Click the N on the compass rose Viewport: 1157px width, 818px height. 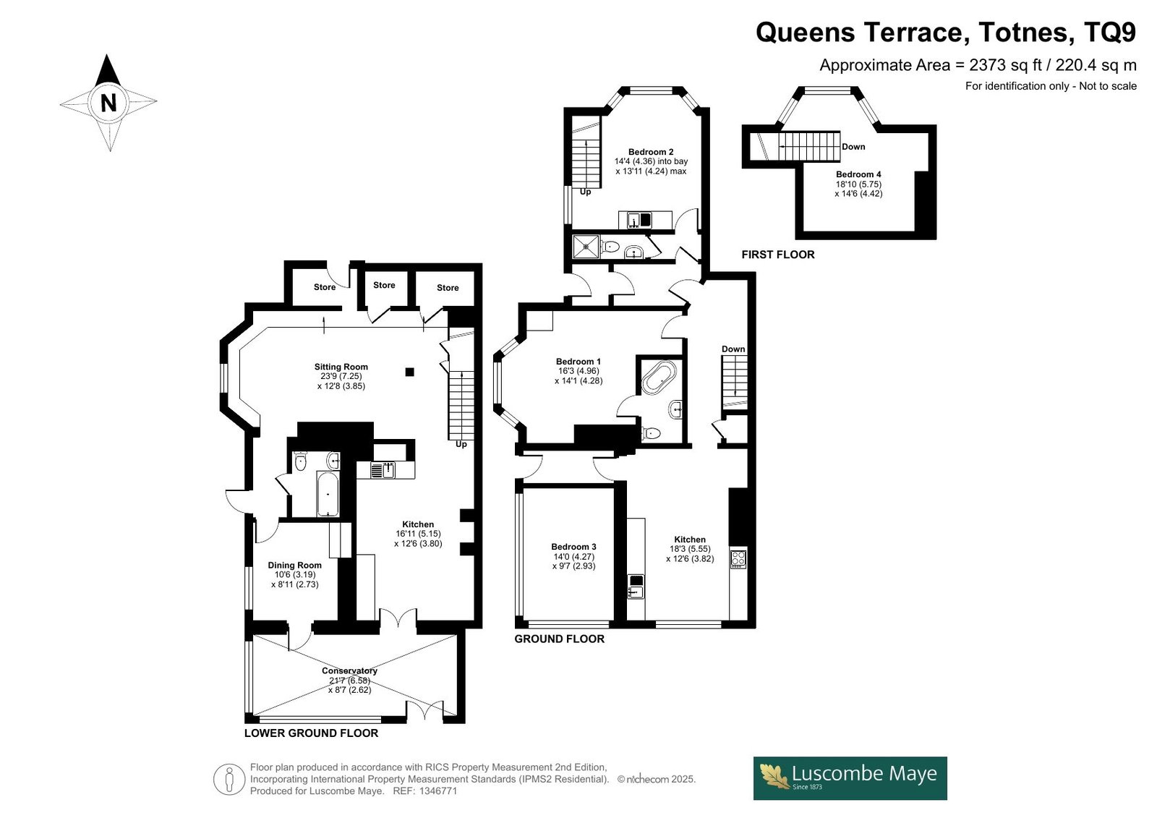[x=108, y=103]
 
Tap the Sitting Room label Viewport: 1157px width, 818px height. [x=341, y=367]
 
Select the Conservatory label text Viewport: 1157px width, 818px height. [x=350, y=670]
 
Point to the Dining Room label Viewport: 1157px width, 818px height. [x=294, y=566]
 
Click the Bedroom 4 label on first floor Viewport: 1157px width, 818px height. [x=858, y=174]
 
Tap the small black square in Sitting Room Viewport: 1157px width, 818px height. [x=409, y=372]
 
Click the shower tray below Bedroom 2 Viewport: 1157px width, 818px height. [x=586, y=247]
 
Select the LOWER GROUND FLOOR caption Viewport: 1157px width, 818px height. [x=311, y=733]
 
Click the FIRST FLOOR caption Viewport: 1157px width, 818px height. [x=778, y=255]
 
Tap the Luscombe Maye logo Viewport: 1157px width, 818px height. [x=850, y=778]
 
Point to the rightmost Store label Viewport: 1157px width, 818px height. [x=448, y=288]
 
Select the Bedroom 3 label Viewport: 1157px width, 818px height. [x=573, y=547]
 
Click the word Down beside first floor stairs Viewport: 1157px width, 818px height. [x=853, y=147]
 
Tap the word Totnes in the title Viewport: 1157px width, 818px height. [x=1022, y=33]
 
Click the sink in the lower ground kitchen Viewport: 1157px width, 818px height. [x=383, y=470]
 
